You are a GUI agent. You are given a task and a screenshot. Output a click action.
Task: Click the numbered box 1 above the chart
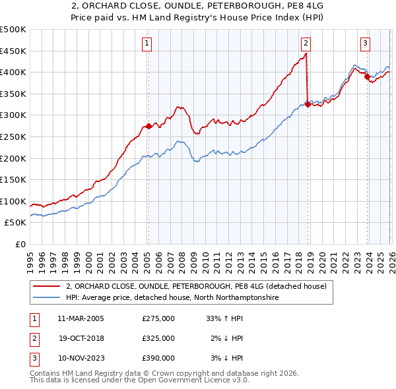[x=147, y=44]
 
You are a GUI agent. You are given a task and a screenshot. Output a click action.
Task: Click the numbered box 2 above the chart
[x=306, y=44]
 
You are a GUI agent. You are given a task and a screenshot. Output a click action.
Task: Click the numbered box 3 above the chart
[x=365, y=44]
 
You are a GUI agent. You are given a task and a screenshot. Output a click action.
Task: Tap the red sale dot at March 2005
[x=148, y=126]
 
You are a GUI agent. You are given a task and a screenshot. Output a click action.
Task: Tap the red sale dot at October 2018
[x=308, y=104]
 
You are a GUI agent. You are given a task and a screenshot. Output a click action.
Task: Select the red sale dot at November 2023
[x=367, y=76]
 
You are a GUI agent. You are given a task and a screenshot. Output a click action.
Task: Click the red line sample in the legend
[x=48, y=286]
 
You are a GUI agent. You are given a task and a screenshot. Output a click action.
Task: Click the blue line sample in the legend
[x=48, y=298]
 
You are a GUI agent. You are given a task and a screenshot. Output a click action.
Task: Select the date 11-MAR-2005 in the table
[x=81, y=318]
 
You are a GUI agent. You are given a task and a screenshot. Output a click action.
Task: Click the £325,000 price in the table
[x=158, y=338]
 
